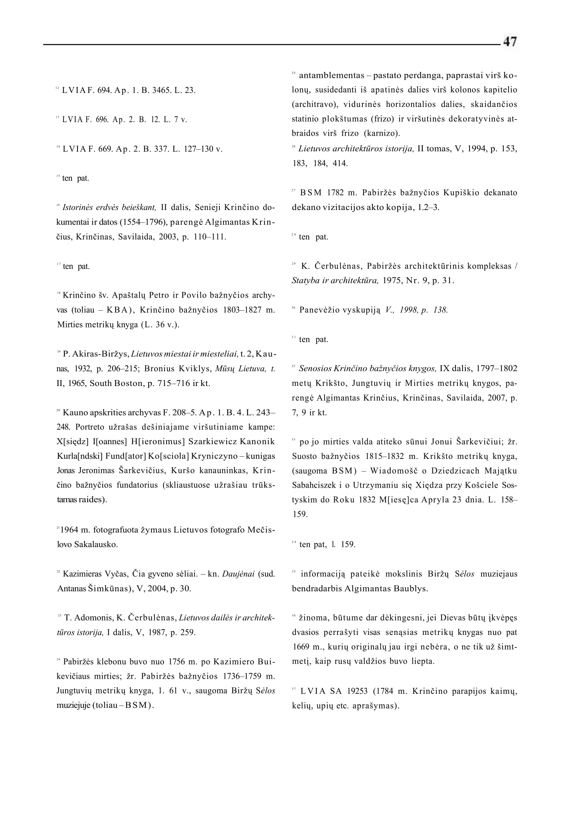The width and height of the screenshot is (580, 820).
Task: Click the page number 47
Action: tap(510, 42)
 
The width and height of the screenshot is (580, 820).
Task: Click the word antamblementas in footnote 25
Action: tap(332, 75)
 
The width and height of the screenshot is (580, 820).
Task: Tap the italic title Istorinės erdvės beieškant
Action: tap(109, 207)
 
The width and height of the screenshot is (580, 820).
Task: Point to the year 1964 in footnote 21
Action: tap(68, 529)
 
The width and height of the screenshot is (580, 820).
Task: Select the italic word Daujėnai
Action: tap(238, 574)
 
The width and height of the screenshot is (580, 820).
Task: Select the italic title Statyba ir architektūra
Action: tap(335, 280)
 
